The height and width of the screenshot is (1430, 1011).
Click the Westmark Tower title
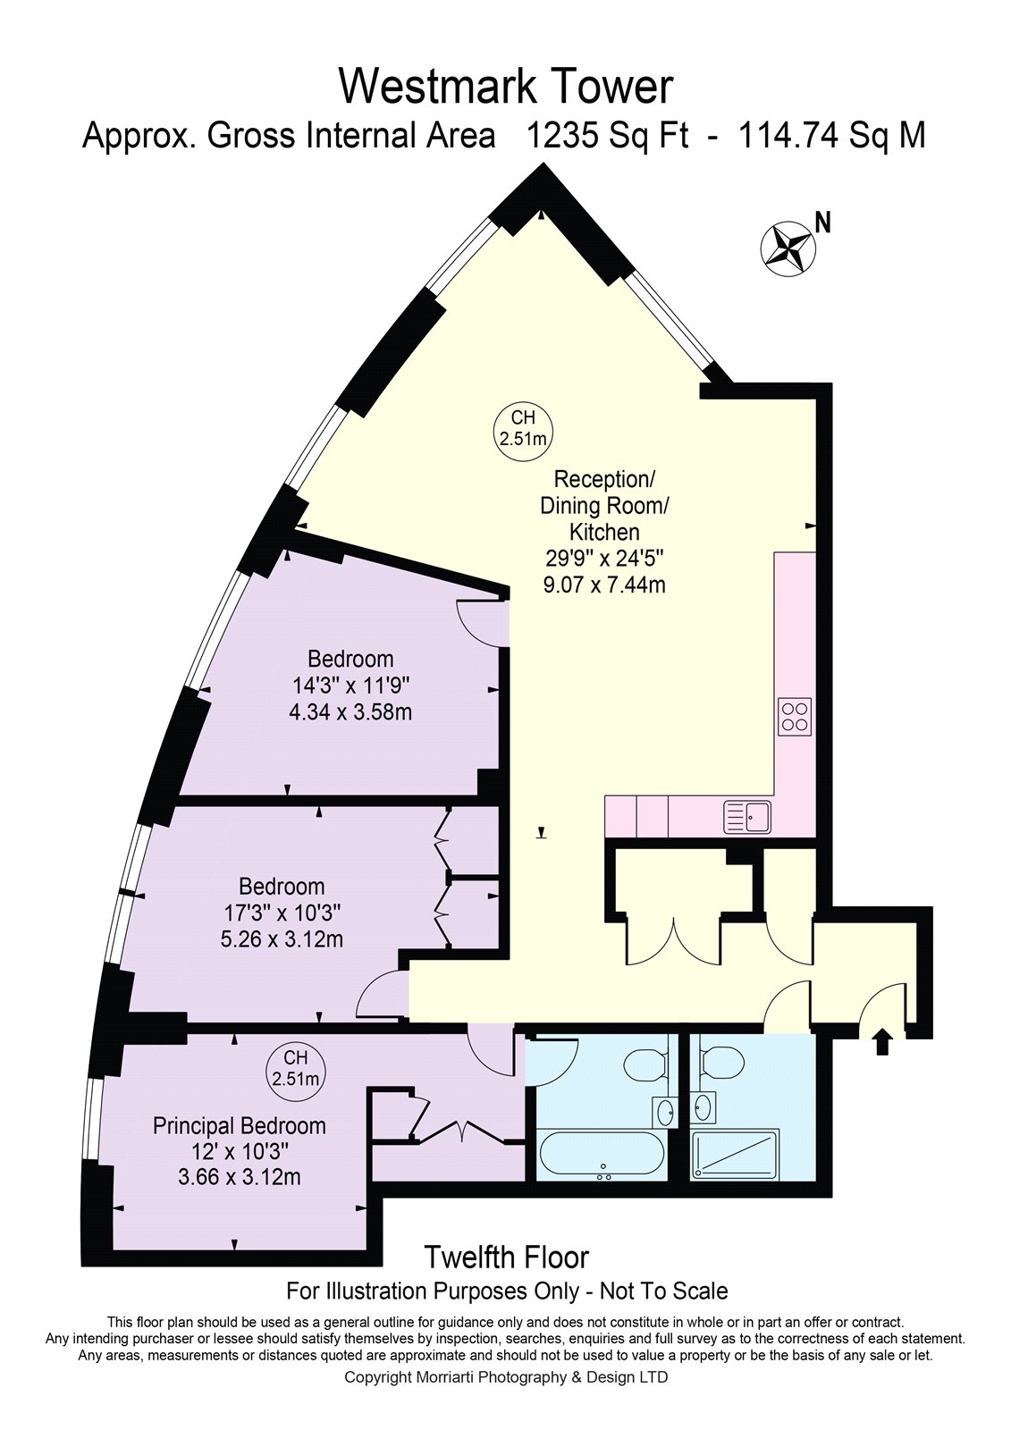coord(505,88)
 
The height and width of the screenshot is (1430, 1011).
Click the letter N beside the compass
coord(824,223)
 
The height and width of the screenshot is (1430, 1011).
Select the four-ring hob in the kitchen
coord(795,716)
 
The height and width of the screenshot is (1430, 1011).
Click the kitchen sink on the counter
coord(747,817)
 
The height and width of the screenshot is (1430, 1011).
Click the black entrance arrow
coord(882,1040)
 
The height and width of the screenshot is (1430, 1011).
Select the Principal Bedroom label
coord(240,1125)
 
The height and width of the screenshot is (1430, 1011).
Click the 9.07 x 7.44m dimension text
coord(604,585)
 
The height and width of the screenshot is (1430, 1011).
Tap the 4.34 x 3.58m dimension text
coord(350,711)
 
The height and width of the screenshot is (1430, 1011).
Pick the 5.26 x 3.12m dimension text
coord(282,939)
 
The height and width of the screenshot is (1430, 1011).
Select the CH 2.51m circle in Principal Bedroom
coord(296,1067)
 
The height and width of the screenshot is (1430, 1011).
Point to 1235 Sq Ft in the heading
coord(607,136)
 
